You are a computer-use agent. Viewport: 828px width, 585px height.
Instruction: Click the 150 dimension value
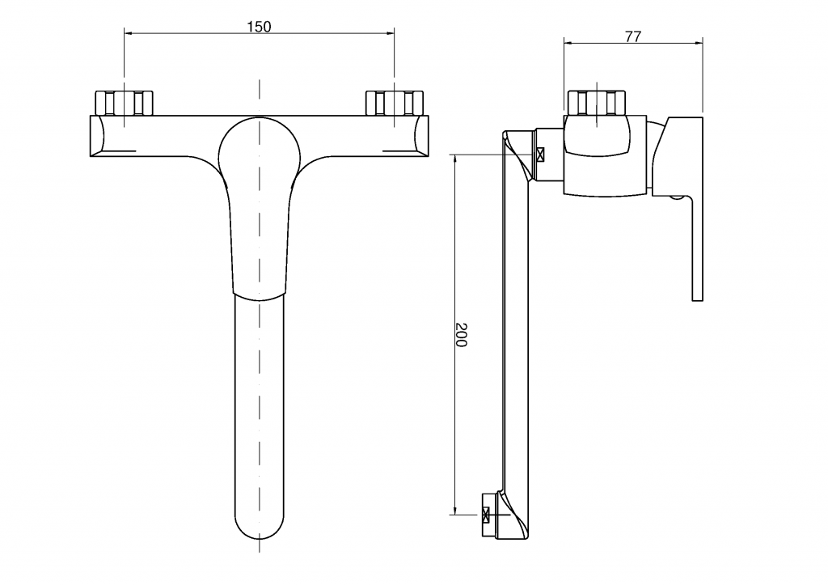point(260,26)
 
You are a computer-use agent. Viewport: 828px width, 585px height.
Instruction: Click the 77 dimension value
point(632,36)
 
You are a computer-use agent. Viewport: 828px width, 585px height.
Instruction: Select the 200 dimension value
point(461,334)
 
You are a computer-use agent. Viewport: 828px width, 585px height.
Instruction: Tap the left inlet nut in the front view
point(124,103)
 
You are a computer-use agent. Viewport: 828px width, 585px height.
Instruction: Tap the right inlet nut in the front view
point(395,103)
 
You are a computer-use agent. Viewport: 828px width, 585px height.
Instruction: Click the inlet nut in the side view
point(596,103)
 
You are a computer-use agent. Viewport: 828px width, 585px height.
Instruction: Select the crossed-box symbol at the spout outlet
point(486,514)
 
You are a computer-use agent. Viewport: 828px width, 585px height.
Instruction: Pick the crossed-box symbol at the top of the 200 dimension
point(540,155)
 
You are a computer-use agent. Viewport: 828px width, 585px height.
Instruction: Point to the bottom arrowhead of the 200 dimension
point(454,510)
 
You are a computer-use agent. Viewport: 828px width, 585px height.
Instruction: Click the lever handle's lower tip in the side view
point(698,298)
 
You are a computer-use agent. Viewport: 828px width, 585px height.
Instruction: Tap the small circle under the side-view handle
point(677,198)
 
